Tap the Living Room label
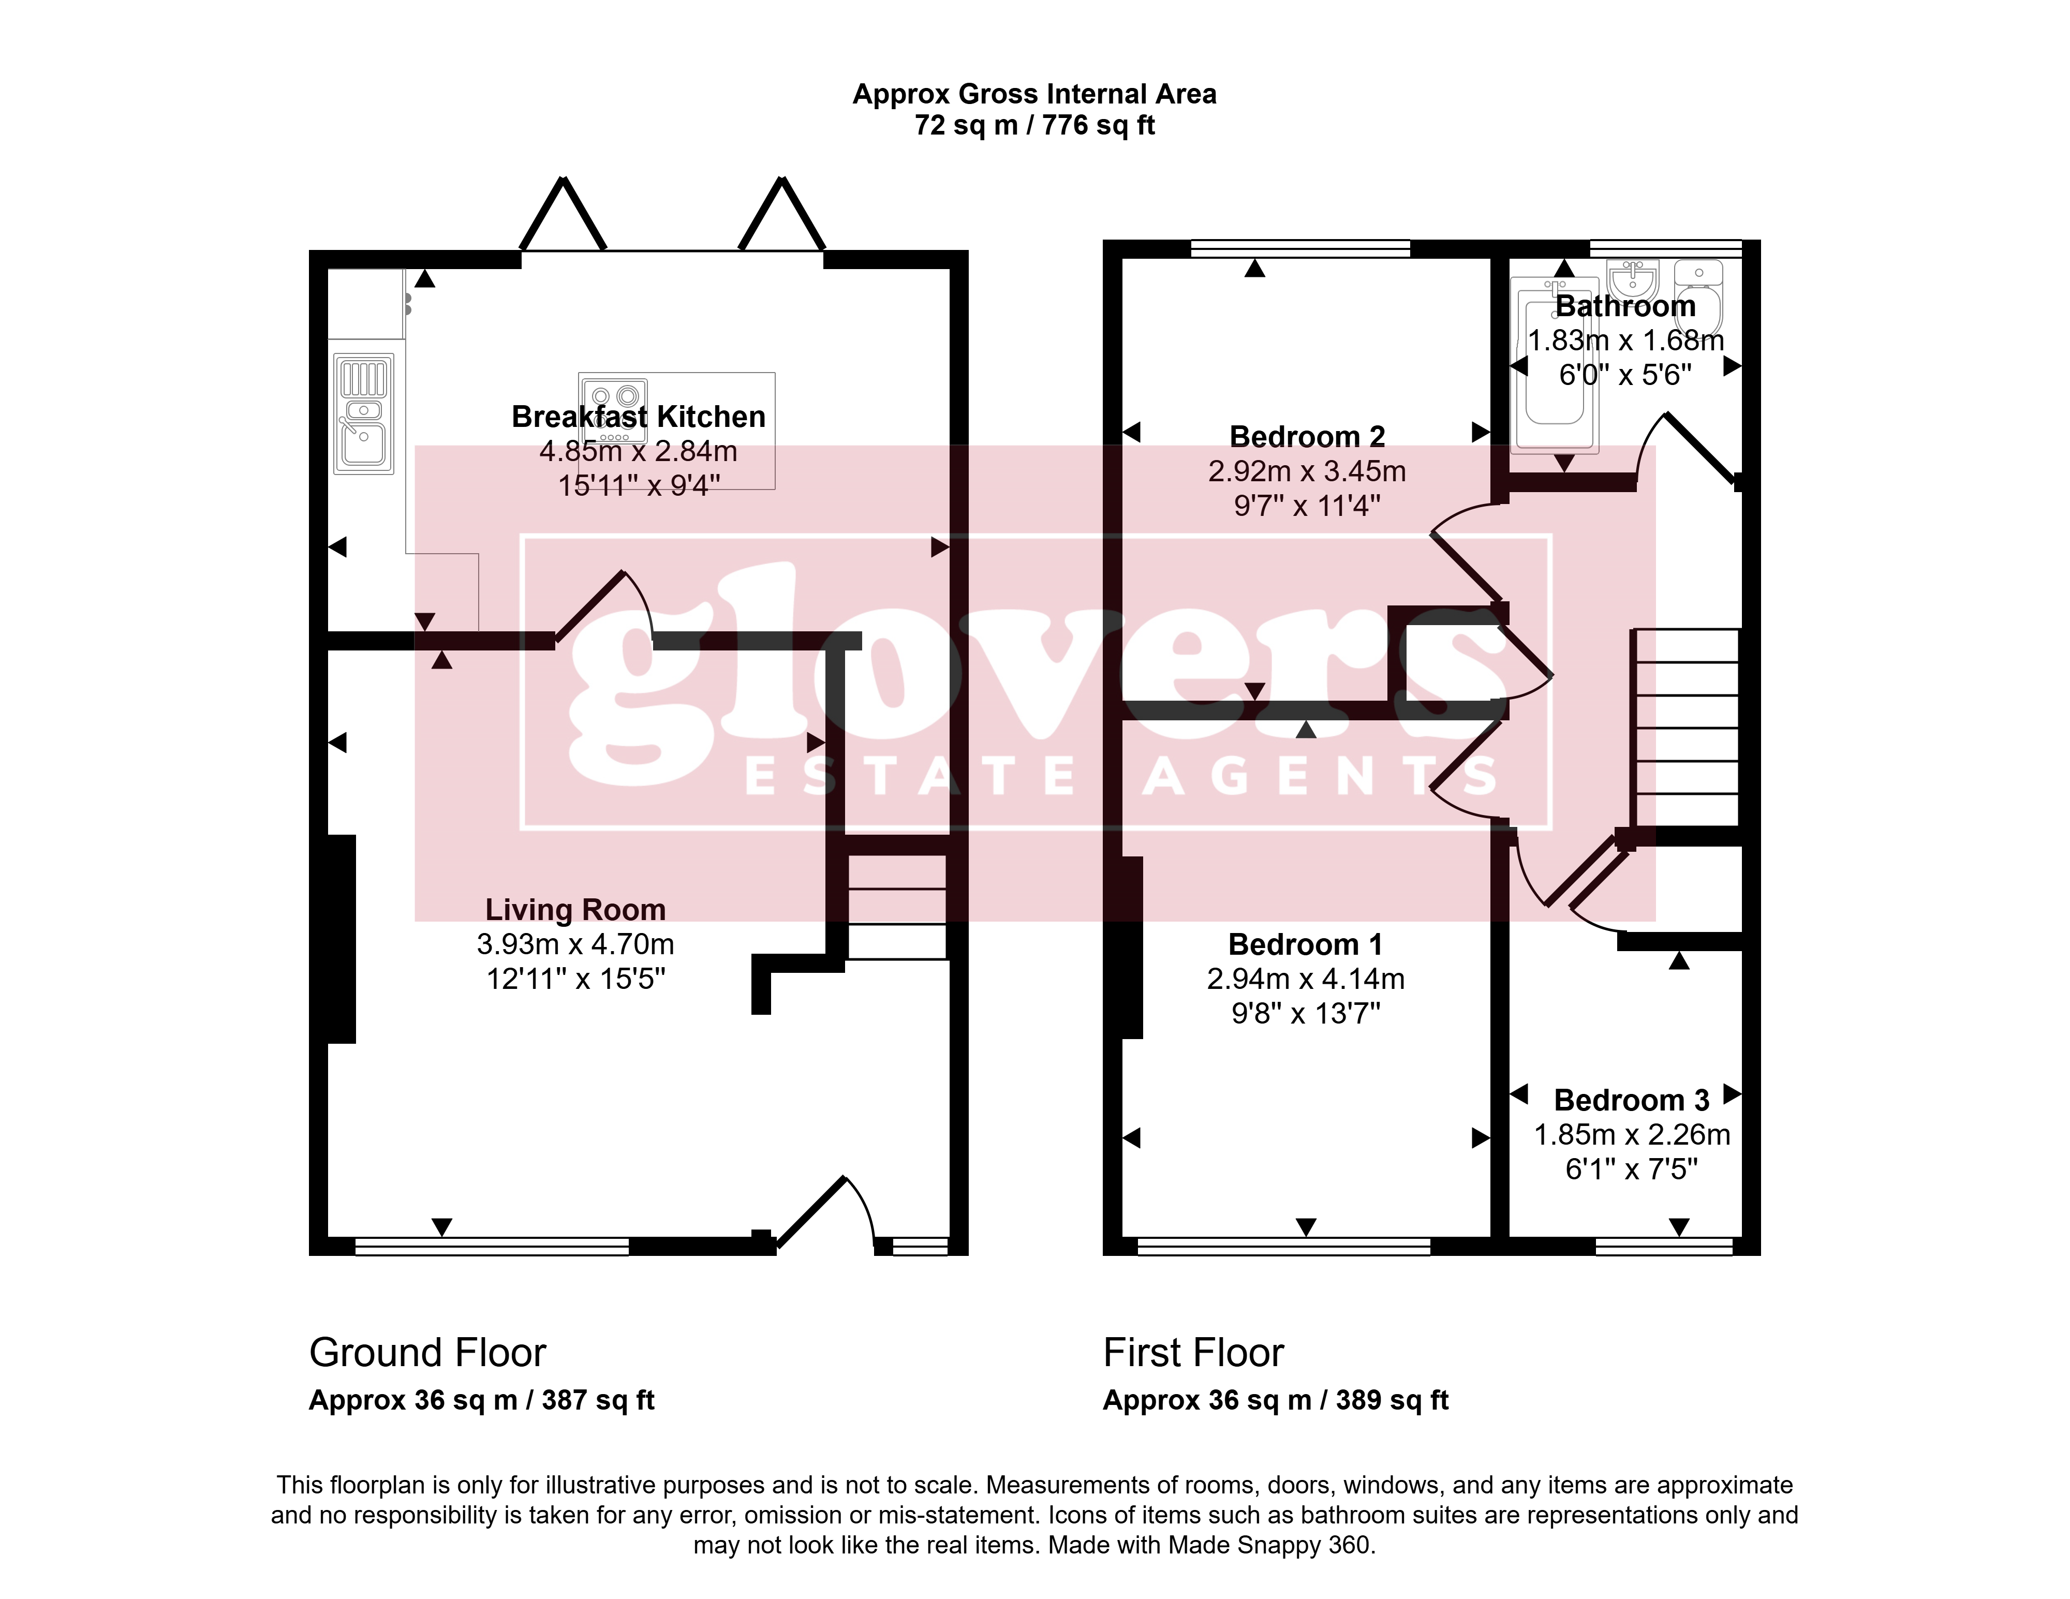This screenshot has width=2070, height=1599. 575,909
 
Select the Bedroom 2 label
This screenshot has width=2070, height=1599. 1307,436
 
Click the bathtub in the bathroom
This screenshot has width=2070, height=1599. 1555,364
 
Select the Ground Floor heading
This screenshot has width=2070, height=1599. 427,1353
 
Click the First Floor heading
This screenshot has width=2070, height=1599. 1193,1353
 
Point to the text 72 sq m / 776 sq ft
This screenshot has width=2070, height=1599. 1035,125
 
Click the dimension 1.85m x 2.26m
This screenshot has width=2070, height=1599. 1632,1134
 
